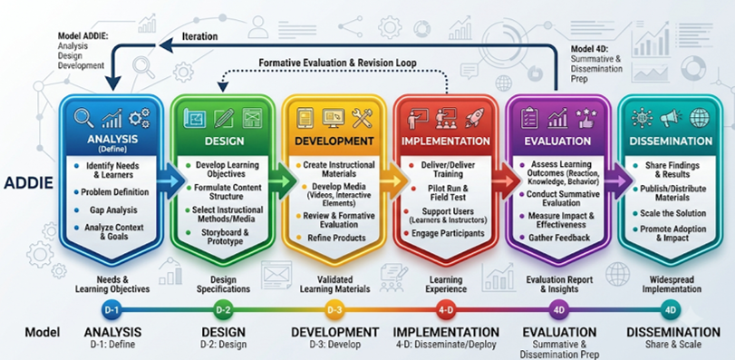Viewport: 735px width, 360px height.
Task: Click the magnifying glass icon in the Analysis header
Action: tap(84, 118)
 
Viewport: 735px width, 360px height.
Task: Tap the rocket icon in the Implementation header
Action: tap(474, 118)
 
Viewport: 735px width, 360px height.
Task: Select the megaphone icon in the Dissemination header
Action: tap(671, 118)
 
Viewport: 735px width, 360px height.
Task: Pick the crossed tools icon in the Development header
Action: tap(362, 118)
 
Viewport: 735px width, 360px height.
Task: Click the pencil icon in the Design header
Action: tap(224, 118)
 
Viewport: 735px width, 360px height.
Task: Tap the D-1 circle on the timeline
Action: tap(111, 310)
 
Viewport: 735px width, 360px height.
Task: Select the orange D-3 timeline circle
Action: tap(334, 310)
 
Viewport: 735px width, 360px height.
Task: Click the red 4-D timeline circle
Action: tap(445, 310)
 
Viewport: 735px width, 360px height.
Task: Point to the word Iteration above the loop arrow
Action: tap(199, 36)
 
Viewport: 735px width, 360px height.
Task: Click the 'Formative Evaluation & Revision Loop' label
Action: tap(337, 63)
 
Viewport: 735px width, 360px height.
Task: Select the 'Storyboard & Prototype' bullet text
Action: tap(225, 237)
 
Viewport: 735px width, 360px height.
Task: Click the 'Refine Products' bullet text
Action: tap(336, 238)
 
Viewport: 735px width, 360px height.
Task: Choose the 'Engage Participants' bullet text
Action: tap(448, 233)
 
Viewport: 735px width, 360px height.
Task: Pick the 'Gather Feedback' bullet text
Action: tap(559, 238)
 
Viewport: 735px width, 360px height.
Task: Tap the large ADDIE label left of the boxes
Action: tap(29, 183)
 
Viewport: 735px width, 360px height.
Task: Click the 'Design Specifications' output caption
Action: tap(223, 284)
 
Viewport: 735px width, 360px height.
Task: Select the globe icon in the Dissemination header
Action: tap(700, 118)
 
